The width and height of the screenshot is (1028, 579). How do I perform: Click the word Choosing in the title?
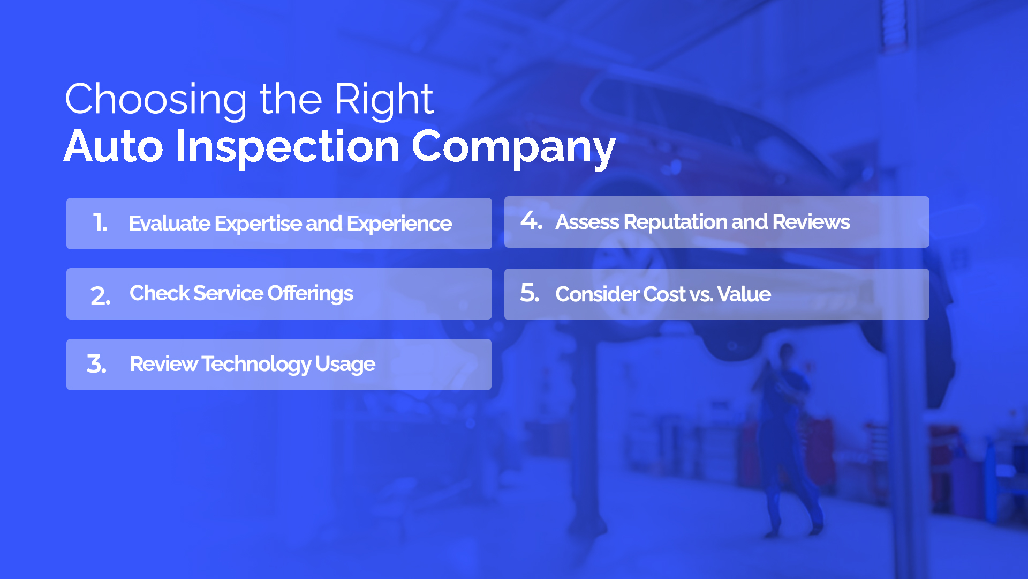click(x=155, y=100)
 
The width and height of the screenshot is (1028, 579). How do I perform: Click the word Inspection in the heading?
click(x=287, y=147)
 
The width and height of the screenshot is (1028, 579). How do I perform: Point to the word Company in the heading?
click(x=513, y=147)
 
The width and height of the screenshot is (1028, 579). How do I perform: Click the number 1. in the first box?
click(x=100, y=223)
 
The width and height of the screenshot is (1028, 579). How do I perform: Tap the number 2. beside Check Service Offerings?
click(x=100, y=295)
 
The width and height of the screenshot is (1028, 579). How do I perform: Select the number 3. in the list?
click(x=97, y=365)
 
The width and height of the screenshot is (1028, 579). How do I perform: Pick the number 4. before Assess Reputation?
click(x=531, y=221)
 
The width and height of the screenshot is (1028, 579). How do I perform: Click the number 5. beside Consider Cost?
click(x=530, y=293)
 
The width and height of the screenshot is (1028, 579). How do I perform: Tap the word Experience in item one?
click(x=399, y=224)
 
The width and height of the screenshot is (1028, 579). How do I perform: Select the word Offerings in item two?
click(x=310, y=294)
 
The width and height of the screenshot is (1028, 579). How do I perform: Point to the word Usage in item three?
click(x=345, y=365)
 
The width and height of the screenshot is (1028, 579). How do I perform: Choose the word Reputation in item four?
click(x=675, y=222)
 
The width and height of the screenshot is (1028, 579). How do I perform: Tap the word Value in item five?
click(x=744, y=294)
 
